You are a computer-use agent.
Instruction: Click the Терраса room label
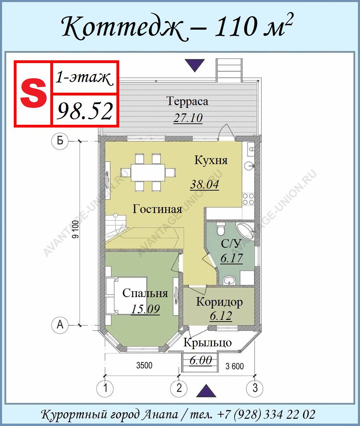[x=187, y=101]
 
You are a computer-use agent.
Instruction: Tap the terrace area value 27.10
[x=188, y=118]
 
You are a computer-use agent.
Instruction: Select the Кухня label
[x=211, y=160]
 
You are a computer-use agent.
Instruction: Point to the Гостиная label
[x=157, y=209]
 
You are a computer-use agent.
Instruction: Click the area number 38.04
[x=204, y=184]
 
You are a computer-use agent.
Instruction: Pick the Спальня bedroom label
[x=145, y=293]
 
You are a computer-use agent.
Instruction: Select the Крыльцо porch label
[x=208, y=343]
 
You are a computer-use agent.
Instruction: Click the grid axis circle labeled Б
[x=60, y=141]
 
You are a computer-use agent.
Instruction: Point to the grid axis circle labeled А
[x=60, y=325]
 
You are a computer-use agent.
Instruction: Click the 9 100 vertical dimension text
[x=76, y=230]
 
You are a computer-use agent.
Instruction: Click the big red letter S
[x=33, y=93]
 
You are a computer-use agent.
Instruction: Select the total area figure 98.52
[x=85, y=111]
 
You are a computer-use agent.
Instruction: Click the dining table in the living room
[x=148, y=172]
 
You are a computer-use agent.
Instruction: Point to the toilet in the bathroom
[x=220, y=229]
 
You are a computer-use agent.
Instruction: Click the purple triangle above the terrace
[x=195, y=65]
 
